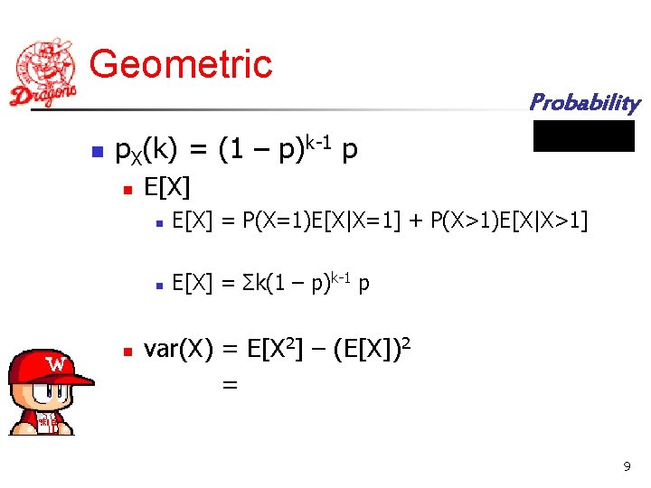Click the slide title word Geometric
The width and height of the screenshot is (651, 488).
pyautogui.click(x=181, y=64)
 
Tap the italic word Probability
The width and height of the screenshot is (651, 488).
pyautogui.click(x=584, y=102)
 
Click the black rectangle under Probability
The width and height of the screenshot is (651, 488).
pyautogui.click(x=584, y=136)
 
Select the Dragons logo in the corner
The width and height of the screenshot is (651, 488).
pyautogui.click(x=44, y=72)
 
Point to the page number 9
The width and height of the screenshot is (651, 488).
pyautogui.click(x=627, y=466)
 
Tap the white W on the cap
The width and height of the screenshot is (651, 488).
pyautogui.click(x=56, y=364)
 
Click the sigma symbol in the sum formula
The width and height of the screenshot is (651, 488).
pyautogui.click(x=247, y=286)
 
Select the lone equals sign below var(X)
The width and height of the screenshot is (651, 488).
pyautogui.click(x=230, y=385)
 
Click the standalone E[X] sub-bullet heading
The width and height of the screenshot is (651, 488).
pyautogui.click(x=167, y=188)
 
